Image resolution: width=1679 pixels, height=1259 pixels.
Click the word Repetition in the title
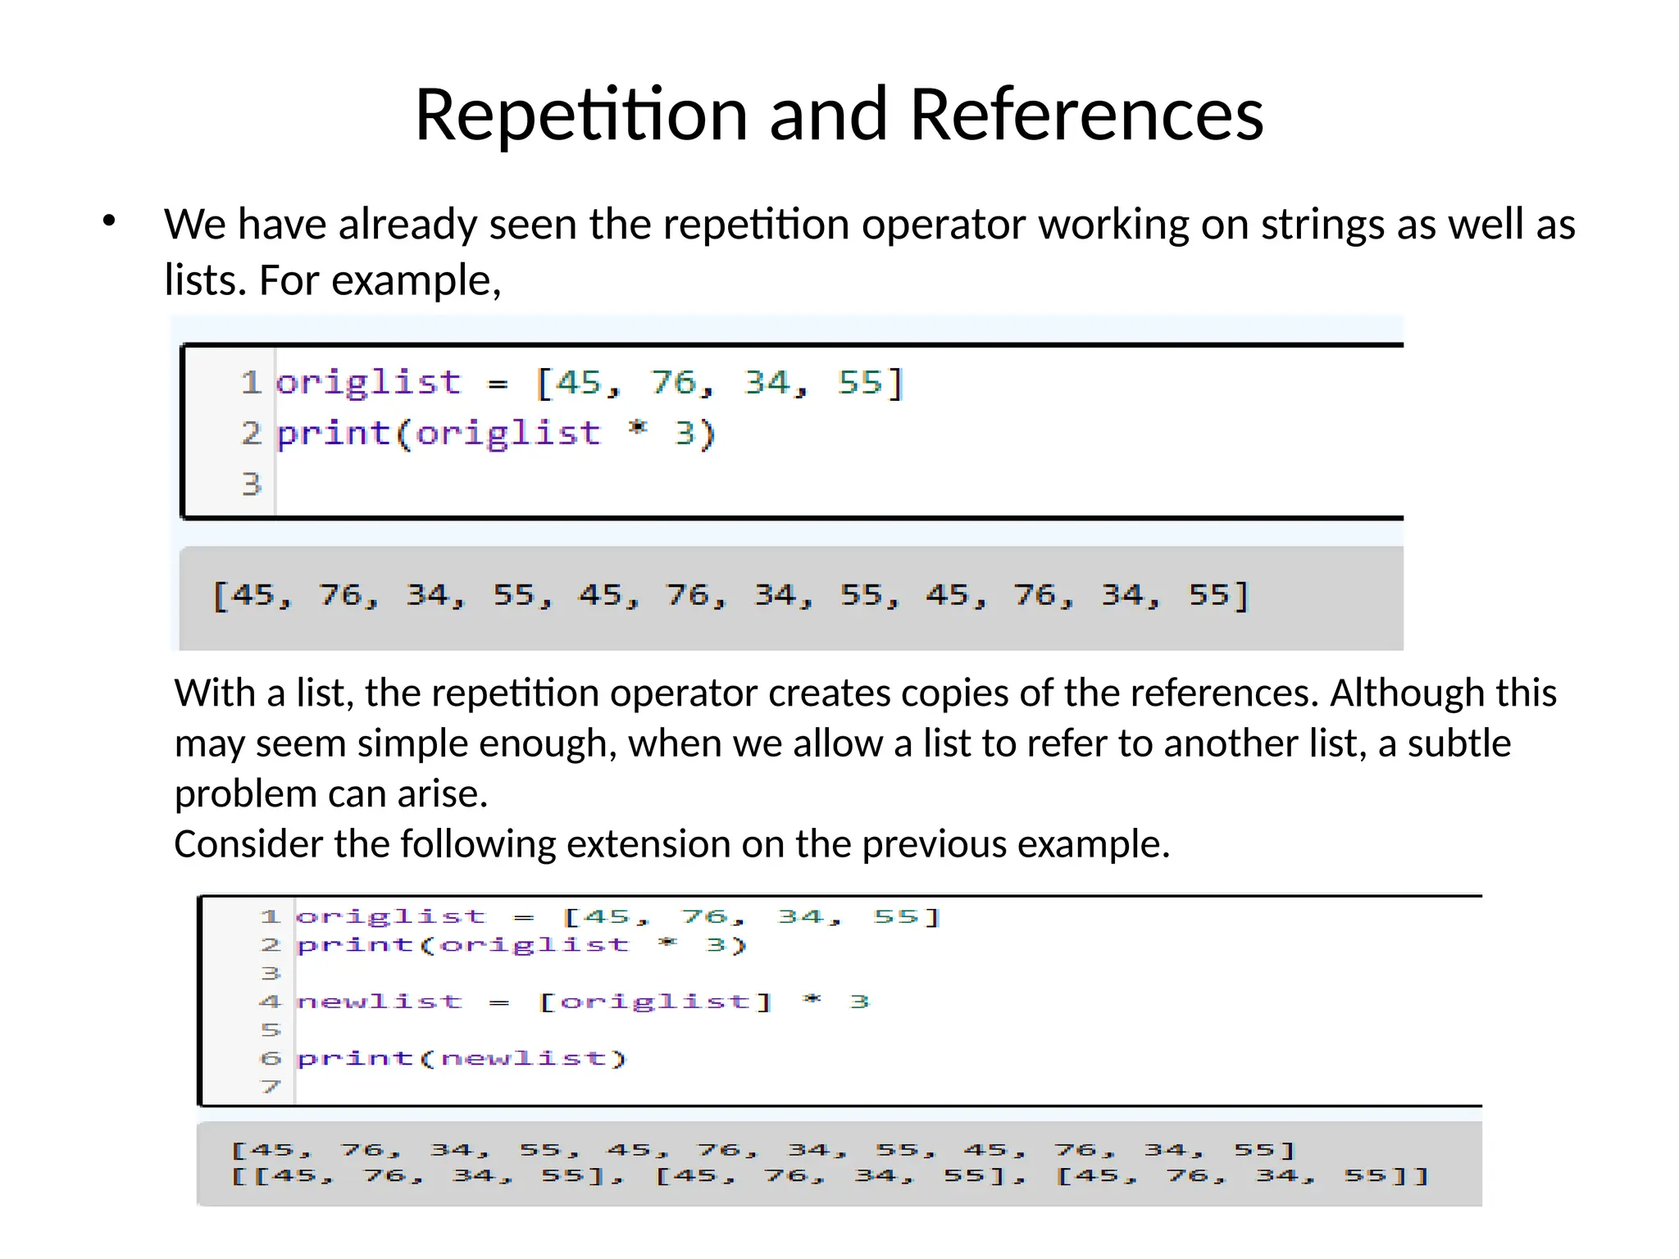[580, 115]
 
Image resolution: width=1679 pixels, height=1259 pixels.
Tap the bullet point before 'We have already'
[109, 221]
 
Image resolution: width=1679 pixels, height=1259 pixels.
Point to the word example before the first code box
[416, 281]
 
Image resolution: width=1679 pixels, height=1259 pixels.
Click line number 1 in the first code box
[251, 383]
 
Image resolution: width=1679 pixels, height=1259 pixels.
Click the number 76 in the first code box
[675, 383]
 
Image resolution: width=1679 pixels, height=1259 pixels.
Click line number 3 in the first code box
[251, 484]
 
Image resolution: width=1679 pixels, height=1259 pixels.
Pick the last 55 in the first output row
[1208, 595]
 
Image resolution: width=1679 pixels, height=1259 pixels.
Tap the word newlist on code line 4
[380, 1002]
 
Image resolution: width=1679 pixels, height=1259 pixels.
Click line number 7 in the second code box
[271, 1087]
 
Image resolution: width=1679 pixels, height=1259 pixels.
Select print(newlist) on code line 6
[461, 1058]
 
